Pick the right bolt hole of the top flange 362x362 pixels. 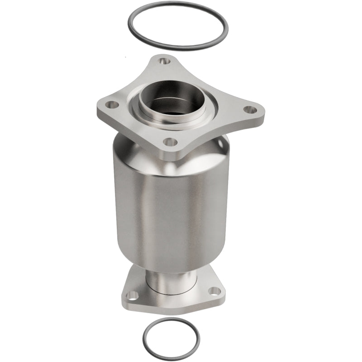coord(248,109)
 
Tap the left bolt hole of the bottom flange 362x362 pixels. coord(132,295)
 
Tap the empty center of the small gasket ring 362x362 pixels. coord(171,337)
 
